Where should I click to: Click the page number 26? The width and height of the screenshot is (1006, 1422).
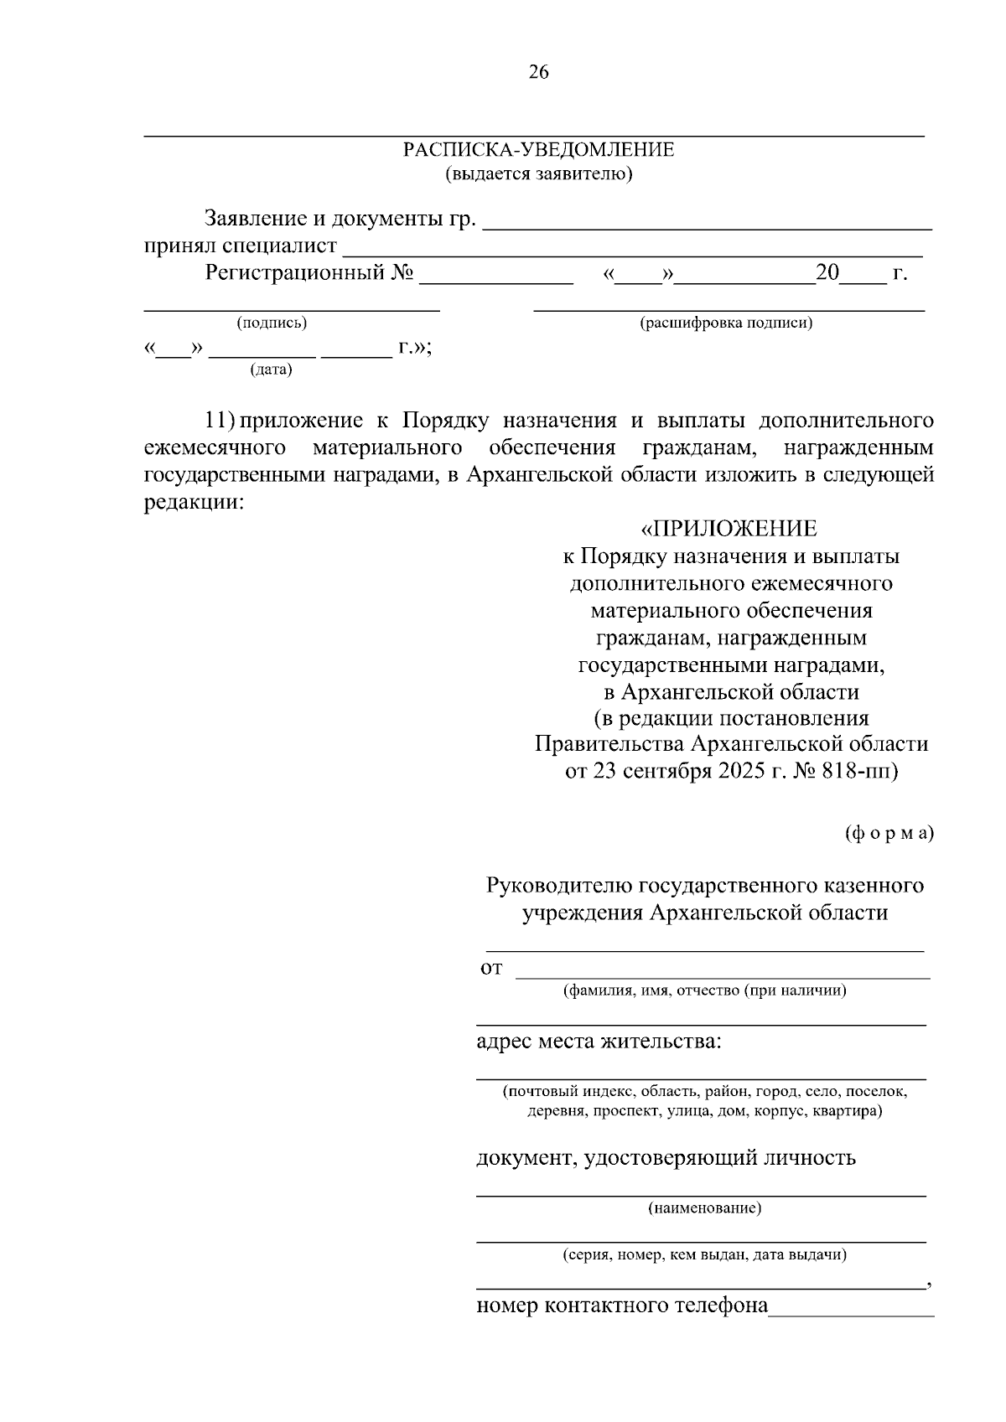(x=538, y=73)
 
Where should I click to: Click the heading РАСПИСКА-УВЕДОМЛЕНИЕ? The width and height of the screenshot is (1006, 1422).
(x=538, y=150)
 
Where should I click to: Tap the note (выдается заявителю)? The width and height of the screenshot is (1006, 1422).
(x=538, y=174)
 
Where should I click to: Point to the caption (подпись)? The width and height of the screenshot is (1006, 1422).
(x=272, y=323)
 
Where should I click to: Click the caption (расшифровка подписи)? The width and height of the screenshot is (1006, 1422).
(x=726, y=323)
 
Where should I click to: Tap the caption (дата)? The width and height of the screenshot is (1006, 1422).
(x=271, y=370)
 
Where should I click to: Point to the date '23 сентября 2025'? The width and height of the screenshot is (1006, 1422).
(x=676, y=771)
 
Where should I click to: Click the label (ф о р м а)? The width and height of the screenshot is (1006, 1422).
(x=888, y=834)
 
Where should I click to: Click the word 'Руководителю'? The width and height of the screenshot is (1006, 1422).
(x=560, y=886)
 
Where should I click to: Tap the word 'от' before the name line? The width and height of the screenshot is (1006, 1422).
(x=491, y=969)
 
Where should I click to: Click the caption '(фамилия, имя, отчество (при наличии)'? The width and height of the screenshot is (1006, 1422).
(x=704, y=990)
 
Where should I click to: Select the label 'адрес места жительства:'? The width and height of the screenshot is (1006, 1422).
(x=599, y=1042)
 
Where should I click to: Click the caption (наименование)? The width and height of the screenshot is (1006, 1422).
(x=704, y=1207)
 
